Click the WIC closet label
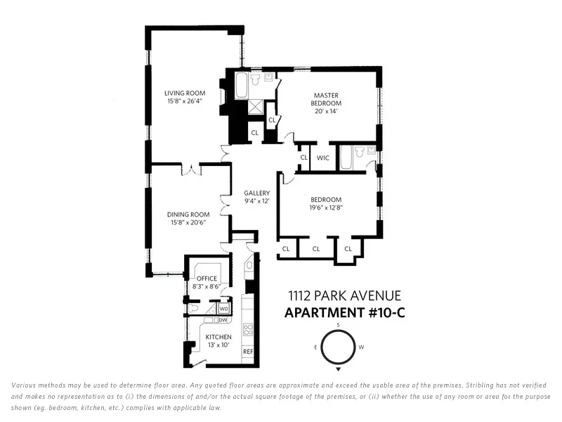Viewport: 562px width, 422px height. (323, 158)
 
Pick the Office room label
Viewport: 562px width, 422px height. (207, 279)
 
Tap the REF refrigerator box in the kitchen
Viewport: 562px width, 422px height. (248, 351)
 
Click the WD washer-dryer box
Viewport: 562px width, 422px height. (223, 308)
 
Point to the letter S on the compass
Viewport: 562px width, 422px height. (338, 324)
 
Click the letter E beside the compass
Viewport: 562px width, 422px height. (315, 347)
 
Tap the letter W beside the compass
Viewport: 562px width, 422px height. (361, 347)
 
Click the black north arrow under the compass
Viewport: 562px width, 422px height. (338, 369)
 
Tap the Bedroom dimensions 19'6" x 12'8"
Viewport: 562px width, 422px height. (327, 207)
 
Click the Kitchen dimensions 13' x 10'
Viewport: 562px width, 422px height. (218, 345)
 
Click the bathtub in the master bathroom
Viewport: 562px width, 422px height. (241, 87)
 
